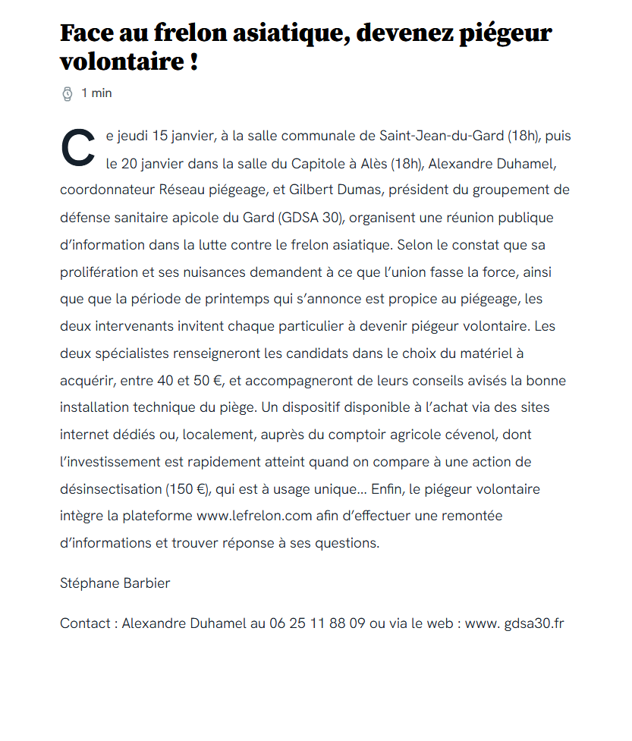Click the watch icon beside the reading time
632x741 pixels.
click(x=67, y=93)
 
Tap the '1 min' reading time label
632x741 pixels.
click(x=96, y=93)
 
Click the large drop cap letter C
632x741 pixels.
click(x=77, y=148)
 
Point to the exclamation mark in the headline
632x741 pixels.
click(x=193, y=61)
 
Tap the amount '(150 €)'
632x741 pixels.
click(x=187, y=489)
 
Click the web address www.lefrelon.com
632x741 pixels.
click(x=255, y=517)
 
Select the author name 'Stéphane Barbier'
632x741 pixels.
click(x=115, y=583)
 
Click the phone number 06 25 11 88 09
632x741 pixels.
click(x=317, y=624)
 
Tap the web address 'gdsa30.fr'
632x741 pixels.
click(x=534, y=624)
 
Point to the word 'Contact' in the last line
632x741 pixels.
click(x=86, y=624)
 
